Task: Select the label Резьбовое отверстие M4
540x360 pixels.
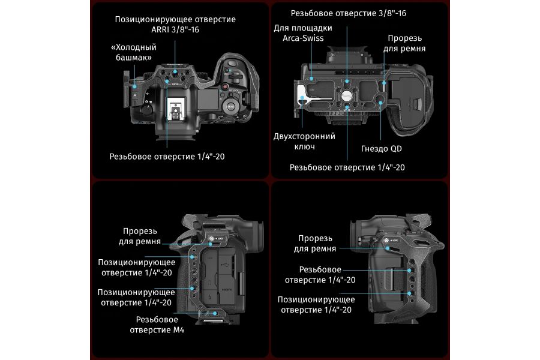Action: point(160,325)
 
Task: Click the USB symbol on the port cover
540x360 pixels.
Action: point(223,262)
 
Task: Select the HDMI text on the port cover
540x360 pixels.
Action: point(224,288)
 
